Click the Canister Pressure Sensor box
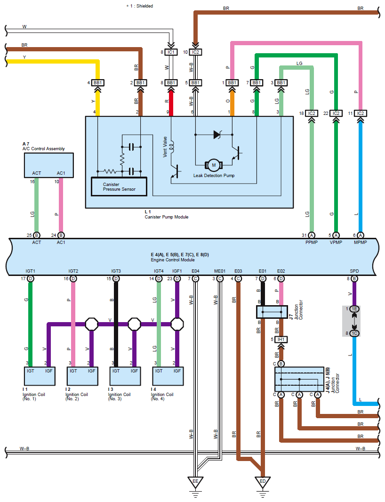(119, 186)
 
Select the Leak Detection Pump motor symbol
(213, 165)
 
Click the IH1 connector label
(281, 339)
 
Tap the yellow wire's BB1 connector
(98, 82)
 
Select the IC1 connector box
(171, 52)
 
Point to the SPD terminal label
(354, 271)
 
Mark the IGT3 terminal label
(116, 271)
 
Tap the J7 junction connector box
(272, 312)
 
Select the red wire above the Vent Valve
(171, 101)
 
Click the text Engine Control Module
(172, 260)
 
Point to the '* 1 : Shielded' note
(139, 6)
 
